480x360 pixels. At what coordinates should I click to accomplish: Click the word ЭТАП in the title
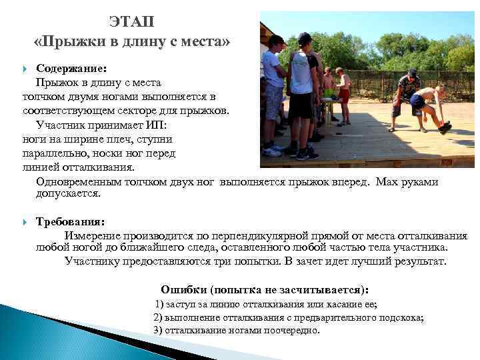tap(131, 22)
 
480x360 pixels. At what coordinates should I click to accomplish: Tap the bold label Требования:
tap(70, 222)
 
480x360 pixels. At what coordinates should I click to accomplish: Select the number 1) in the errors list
tap(160, 305)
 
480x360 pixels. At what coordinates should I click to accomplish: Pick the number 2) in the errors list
tap(159, 317)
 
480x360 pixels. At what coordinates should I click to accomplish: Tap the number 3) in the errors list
tap(159, 330)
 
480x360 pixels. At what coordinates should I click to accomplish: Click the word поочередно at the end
tap(293, 330)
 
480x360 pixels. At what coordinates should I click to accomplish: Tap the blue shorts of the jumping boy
tap(418, 101)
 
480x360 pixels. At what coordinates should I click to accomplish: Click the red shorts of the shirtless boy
tap(344, 94)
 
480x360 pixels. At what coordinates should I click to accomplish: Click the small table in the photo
tap(329, 103)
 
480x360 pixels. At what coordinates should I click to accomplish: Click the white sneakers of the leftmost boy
tap(272, 151)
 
